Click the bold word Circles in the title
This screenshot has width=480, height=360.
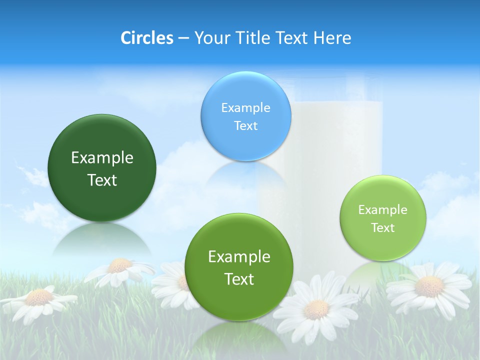(146, 38)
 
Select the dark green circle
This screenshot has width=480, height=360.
(102, 168)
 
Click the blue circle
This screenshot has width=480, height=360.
(245, 116)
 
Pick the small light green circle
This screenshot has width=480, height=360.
(383, 218)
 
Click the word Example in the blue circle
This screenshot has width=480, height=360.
(245, 107)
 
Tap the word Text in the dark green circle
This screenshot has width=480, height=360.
(102, 180)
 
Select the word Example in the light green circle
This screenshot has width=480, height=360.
(382, 210)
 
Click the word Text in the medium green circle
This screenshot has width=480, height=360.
(239, 279)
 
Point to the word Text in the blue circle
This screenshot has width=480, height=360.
(245, 125)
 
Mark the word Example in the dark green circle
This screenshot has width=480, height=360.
(102, 157)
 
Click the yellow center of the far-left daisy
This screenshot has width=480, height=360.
(39, 297)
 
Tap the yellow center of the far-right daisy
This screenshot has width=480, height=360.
(429, 286)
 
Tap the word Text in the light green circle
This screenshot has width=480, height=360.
(383, 228)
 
